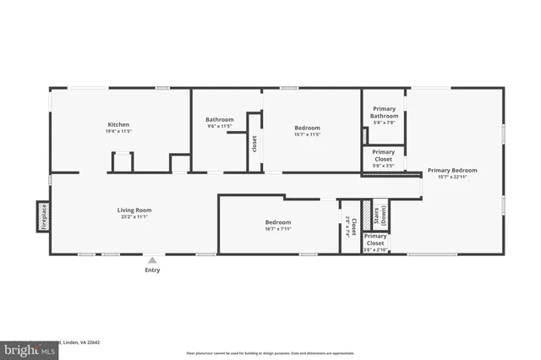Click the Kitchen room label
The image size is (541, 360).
click(118, 124)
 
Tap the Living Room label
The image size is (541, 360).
click(134, 210)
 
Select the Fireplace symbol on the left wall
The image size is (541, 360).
click(42, 215)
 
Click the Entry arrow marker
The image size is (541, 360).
click(152, 260)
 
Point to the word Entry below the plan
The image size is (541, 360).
click(152, 270)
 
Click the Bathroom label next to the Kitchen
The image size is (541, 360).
click(220, 119)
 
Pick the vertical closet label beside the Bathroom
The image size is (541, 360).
click(254, 144)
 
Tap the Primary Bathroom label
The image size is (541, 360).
click(384, 112)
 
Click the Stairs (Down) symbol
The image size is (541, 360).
click(380, 215)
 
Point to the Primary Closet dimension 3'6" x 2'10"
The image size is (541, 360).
click(375, 250)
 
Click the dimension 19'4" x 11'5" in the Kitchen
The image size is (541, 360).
click(118, 132)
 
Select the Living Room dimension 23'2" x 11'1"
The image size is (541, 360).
click(134, 217)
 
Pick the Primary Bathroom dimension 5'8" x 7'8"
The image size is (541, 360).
click(384, 123)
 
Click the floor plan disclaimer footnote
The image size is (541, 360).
click(270, 353)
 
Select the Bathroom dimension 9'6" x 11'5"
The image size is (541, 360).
click(220, 127)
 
